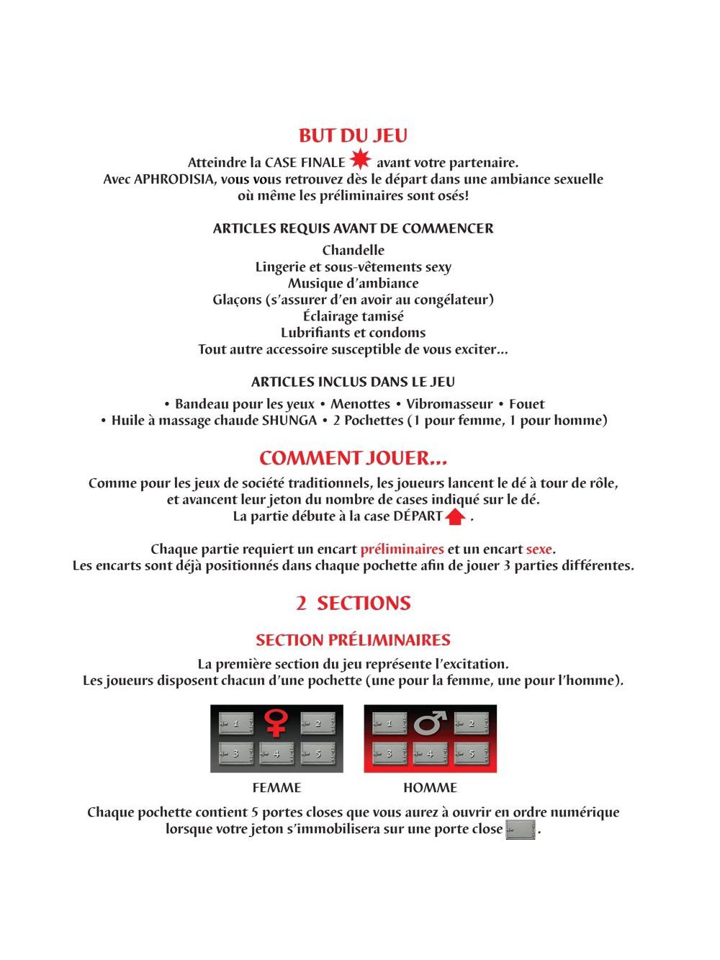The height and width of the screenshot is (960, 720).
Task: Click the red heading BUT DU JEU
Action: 353,135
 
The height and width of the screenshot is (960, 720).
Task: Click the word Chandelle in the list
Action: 353,251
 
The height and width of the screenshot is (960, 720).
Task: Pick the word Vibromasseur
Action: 449,404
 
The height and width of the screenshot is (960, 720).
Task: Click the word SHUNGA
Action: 289,421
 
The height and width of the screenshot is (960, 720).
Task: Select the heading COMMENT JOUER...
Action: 353,459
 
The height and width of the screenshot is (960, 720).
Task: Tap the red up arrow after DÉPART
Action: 455,516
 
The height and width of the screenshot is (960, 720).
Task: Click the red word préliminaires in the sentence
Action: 402,549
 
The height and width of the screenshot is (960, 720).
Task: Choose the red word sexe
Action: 539,549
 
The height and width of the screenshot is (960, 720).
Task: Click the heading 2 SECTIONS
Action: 353,604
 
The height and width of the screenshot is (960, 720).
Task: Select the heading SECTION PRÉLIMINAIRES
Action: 353,640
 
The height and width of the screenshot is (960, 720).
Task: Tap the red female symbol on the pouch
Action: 276,722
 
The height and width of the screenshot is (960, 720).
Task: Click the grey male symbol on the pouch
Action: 431,722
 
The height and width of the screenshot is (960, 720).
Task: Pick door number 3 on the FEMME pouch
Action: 236,753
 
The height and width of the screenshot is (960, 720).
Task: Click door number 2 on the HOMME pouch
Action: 472,723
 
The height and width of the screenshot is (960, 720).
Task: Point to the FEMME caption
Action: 276,788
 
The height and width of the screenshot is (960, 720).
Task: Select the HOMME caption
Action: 430,788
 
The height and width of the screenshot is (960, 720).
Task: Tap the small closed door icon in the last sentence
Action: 521,830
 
